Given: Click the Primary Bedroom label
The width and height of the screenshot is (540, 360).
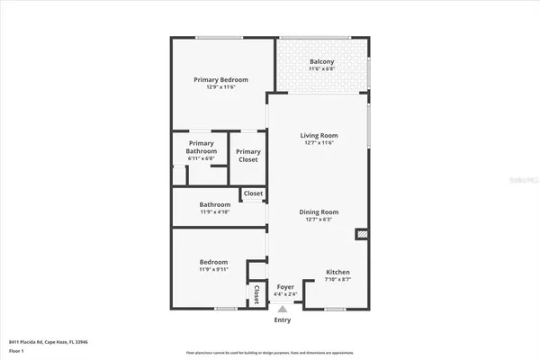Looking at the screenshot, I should coord(220,79).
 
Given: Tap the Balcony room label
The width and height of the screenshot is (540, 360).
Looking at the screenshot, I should coord(321,61).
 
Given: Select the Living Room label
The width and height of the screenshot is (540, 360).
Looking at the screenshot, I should coord(319,135).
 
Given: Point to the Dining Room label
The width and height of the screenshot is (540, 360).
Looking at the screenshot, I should coord(319,211).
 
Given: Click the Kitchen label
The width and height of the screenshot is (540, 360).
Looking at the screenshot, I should coord(337,272).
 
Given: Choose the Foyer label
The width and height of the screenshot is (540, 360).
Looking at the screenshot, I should coord(285,286).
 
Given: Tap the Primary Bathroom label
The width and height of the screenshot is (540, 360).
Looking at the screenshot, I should coord(201,147).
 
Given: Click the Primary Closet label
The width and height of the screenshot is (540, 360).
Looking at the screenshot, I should coord(248,155).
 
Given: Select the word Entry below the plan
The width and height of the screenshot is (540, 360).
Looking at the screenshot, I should coord(283,319).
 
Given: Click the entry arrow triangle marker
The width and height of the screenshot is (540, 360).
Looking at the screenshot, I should coord(283,309).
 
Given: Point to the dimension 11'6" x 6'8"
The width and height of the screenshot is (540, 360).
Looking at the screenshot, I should coord(321,69).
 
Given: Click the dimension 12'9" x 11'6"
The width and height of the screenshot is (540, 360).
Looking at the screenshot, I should coord(220,87).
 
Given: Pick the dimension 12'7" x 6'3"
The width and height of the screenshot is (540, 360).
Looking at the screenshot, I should coord(319,220).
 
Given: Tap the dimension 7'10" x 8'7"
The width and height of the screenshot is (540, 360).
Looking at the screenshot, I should coord(337,280).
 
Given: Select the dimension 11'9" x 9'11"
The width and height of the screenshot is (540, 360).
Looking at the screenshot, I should coord(214,269).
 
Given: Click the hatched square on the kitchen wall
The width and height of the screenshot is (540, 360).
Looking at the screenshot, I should coord(362,234).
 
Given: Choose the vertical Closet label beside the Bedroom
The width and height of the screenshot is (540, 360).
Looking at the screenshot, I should coord(256,294).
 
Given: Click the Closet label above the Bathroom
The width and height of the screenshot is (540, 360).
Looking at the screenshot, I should coord(253,193).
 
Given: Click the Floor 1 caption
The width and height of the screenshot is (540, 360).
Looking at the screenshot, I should coord(17,350).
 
